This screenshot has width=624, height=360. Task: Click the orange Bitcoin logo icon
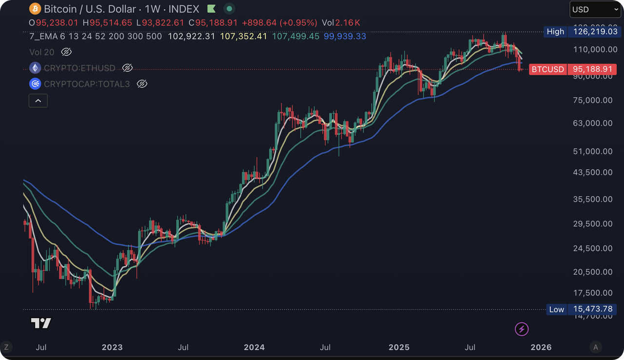pos(35,9)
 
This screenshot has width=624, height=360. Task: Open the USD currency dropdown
pos(595,9)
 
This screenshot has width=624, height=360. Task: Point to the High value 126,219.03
pos(591,32)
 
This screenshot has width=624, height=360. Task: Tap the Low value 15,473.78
pos(591,309)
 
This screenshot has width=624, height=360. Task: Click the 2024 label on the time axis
pos(254,347)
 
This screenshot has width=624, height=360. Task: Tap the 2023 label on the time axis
pos(112,347)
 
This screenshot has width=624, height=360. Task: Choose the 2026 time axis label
pos(541,347)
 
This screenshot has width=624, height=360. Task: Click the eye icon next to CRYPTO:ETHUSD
pos(127,68)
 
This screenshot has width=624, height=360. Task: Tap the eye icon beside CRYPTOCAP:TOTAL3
pos(142,84)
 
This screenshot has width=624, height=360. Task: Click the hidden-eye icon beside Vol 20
pos(66,52)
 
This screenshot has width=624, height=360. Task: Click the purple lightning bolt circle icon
pos(522,329)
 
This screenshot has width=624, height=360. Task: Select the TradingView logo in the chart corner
pos(41,323)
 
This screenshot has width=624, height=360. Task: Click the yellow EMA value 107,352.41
pos(244,37)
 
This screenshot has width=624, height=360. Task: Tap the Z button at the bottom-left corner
pos(6,347)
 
